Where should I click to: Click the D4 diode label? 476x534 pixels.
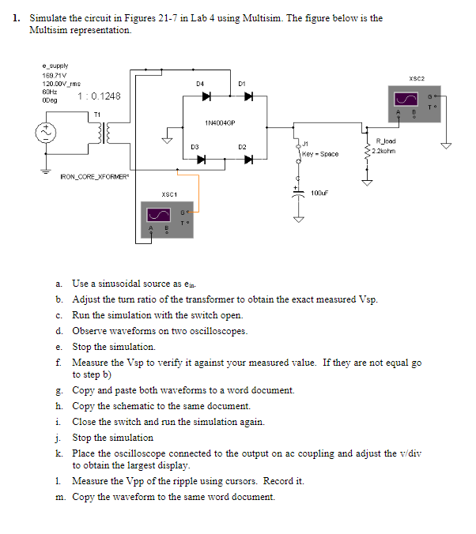click(x=200, y=82)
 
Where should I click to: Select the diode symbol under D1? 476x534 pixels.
click(x=247, y=97)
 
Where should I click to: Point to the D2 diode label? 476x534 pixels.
click(x=243, y=147)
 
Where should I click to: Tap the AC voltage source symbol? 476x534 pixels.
click(x=43, y=131)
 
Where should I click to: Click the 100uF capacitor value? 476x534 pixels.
click(x=319, y=193)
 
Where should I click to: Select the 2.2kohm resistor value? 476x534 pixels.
click(x=387, y=150)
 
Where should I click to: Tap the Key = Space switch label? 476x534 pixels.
click(x=320, y=154)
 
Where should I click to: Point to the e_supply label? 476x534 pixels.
click(x=55, y=66)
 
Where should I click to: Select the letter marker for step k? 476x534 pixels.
click(x=59, y=453)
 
